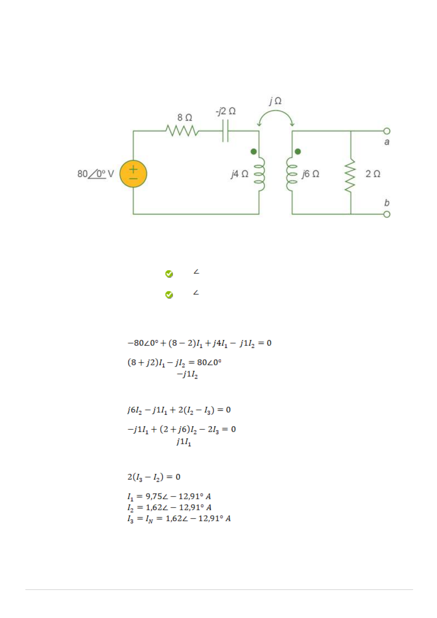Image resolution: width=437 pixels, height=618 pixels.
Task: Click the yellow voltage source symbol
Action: pyautogui.click(x=133, y=174)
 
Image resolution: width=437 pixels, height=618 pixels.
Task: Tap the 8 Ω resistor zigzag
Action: pyautogui.click(x=182, y=131)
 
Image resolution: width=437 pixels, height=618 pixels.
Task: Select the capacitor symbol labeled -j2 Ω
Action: pyautogui.click(x=225, y=131)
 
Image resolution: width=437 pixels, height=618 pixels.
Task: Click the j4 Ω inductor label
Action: pyautogui.click(x=239, y=174)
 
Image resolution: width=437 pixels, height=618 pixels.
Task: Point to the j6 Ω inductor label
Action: pyautogui.click(x=310, y=174)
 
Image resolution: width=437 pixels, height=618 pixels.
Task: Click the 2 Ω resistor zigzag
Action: pyautogui.click(x=350, y=175)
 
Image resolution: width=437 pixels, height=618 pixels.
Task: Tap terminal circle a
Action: pyautogui.click(x=387, y=131)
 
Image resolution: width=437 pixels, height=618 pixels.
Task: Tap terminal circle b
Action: pyautogui.click(x=387, y=214)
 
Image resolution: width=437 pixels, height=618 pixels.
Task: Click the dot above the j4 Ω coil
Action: pyautogui.click(x=253, y=152)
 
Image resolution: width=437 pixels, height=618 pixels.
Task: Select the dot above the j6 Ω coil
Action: pyautogui.click(x=298, y=152)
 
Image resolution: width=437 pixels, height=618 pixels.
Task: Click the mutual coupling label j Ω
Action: pyautogui.click(x=275, y=101)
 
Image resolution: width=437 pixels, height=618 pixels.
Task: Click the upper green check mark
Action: pyautogui.click(x=169, y=274)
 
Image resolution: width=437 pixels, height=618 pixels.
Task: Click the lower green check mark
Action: pyautogui.click(x=169, y=295)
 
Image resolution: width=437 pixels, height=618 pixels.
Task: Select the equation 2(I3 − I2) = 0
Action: pyautogui.click(x=154, y=477)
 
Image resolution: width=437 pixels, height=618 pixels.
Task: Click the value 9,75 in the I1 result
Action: pyautogui.click(x=154, y=496)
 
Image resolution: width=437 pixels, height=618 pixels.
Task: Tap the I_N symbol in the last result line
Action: pyautogui.click(x=149, y=519)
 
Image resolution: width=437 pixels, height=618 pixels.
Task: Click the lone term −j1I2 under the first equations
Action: pyautogui.click(x=187, y=375)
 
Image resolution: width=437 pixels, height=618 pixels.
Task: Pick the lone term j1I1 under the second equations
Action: pyautogui.click(x=184, y=442)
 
